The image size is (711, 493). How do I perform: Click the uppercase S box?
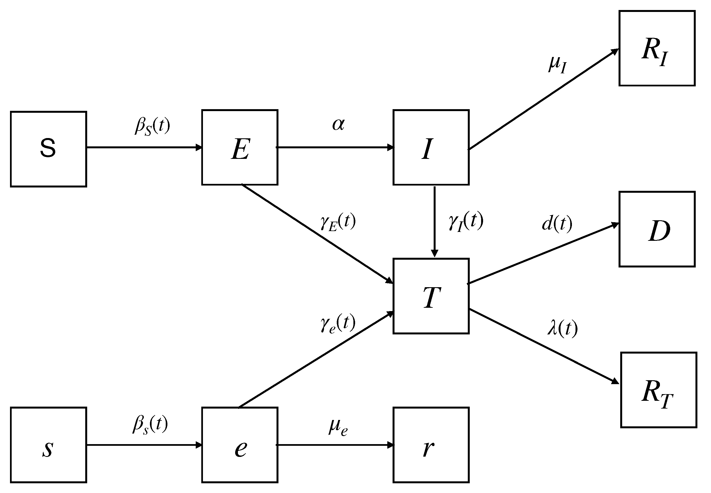point(49,149)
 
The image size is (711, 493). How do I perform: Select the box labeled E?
point(240,147)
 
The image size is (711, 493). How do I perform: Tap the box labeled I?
point(431,147)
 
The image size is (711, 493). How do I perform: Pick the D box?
point(657,229)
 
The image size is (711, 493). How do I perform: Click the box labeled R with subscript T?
point(659,390)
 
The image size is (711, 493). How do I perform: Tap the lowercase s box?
point(49,445)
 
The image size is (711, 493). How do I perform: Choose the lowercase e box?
point(240,445)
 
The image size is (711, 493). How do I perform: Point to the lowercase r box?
point(431,445)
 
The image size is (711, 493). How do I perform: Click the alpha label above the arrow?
point(338,124)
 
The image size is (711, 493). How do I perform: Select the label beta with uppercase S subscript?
point(152,126)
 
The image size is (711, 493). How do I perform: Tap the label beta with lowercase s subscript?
point(150,424)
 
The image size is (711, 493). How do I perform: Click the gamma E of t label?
point(338,222)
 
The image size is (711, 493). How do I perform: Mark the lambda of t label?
point(562,328)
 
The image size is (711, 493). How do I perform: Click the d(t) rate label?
point(557,224)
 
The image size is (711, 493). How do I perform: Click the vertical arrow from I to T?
point(434,221)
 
